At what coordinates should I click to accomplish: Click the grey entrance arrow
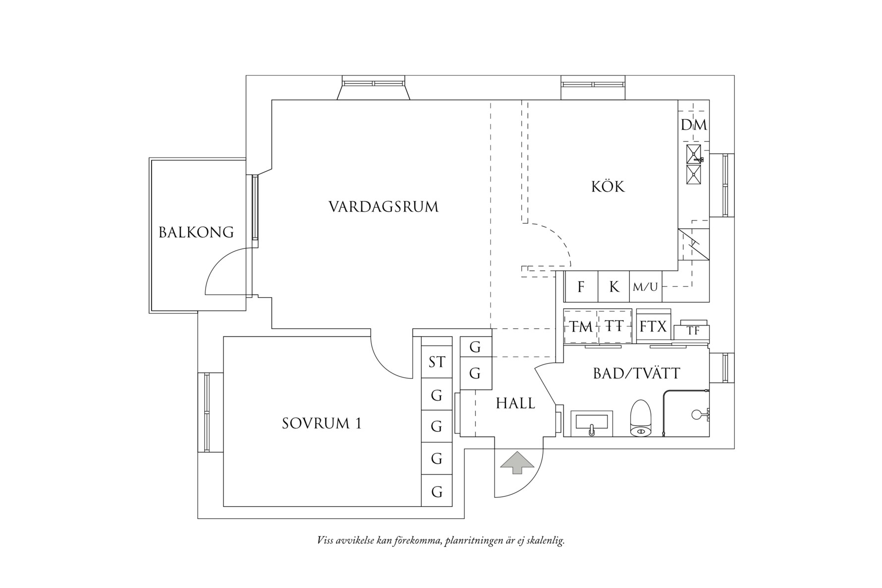click(517, 463)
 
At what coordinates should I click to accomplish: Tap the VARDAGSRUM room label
click(384, 207)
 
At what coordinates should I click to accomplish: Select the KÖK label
click(608, 187)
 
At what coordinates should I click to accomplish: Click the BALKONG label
click(196, 232)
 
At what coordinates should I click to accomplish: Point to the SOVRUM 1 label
click(322, 424)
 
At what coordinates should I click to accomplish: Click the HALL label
click(515, 404)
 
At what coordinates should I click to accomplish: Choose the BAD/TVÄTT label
click(637, 374)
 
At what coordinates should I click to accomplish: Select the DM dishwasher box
click(693, 125)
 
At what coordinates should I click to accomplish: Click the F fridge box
click(581, 287)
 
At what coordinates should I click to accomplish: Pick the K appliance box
click(614, 287)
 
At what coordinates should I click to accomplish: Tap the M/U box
click(645, 287)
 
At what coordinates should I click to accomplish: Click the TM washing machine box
click(580, 327)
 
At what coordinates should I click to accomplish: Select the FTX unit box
click(654, 327)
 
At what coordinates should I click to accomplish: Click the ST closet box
click(437, 363)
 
